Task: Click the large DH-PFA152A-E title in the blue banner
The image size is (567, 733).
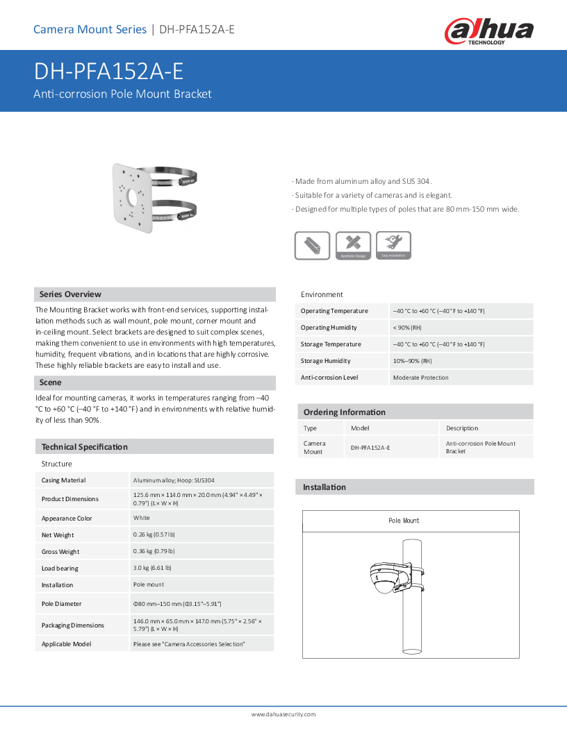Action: tap(108, 72)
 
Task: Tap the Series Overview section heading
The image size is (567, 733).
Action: tap(70, 294)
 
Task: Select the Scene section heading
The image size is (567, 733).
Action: tap(50, 382)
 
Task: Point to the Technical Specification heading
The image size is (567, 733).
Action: tap(84, 447)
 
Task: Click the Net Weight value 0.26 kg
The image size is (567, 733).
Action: tap(154, 535)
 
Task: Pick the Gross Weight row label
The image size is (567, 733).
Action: tap(60, 552)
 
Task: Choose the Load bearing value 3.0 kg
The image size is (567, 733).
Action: tap(154, 568)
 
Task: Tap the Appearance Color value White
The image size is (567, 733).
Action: tap(141, 519)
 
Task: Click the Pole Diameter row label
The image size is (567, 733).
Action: tap(61, 604)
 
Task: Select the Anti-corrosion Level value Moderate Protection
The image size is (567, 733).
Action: tap(420, 378)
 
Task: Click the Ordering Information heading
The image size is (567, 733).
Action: tap(344, 412)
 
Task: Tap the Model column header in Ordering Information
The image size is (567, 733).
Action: tap(360, 428)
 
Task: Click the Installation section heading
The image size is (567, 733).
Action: tap(324, 487)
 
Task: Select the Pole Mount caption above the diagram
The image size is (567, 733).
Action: tap(404, 521)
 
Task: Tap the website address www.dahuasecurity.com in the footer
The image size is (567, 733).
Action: tap(283, 714)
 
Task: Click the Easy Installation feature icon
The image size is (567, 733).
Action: tap(393, 246)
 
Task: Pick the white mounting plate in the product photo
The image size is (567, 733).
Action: tap(132, 197)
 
